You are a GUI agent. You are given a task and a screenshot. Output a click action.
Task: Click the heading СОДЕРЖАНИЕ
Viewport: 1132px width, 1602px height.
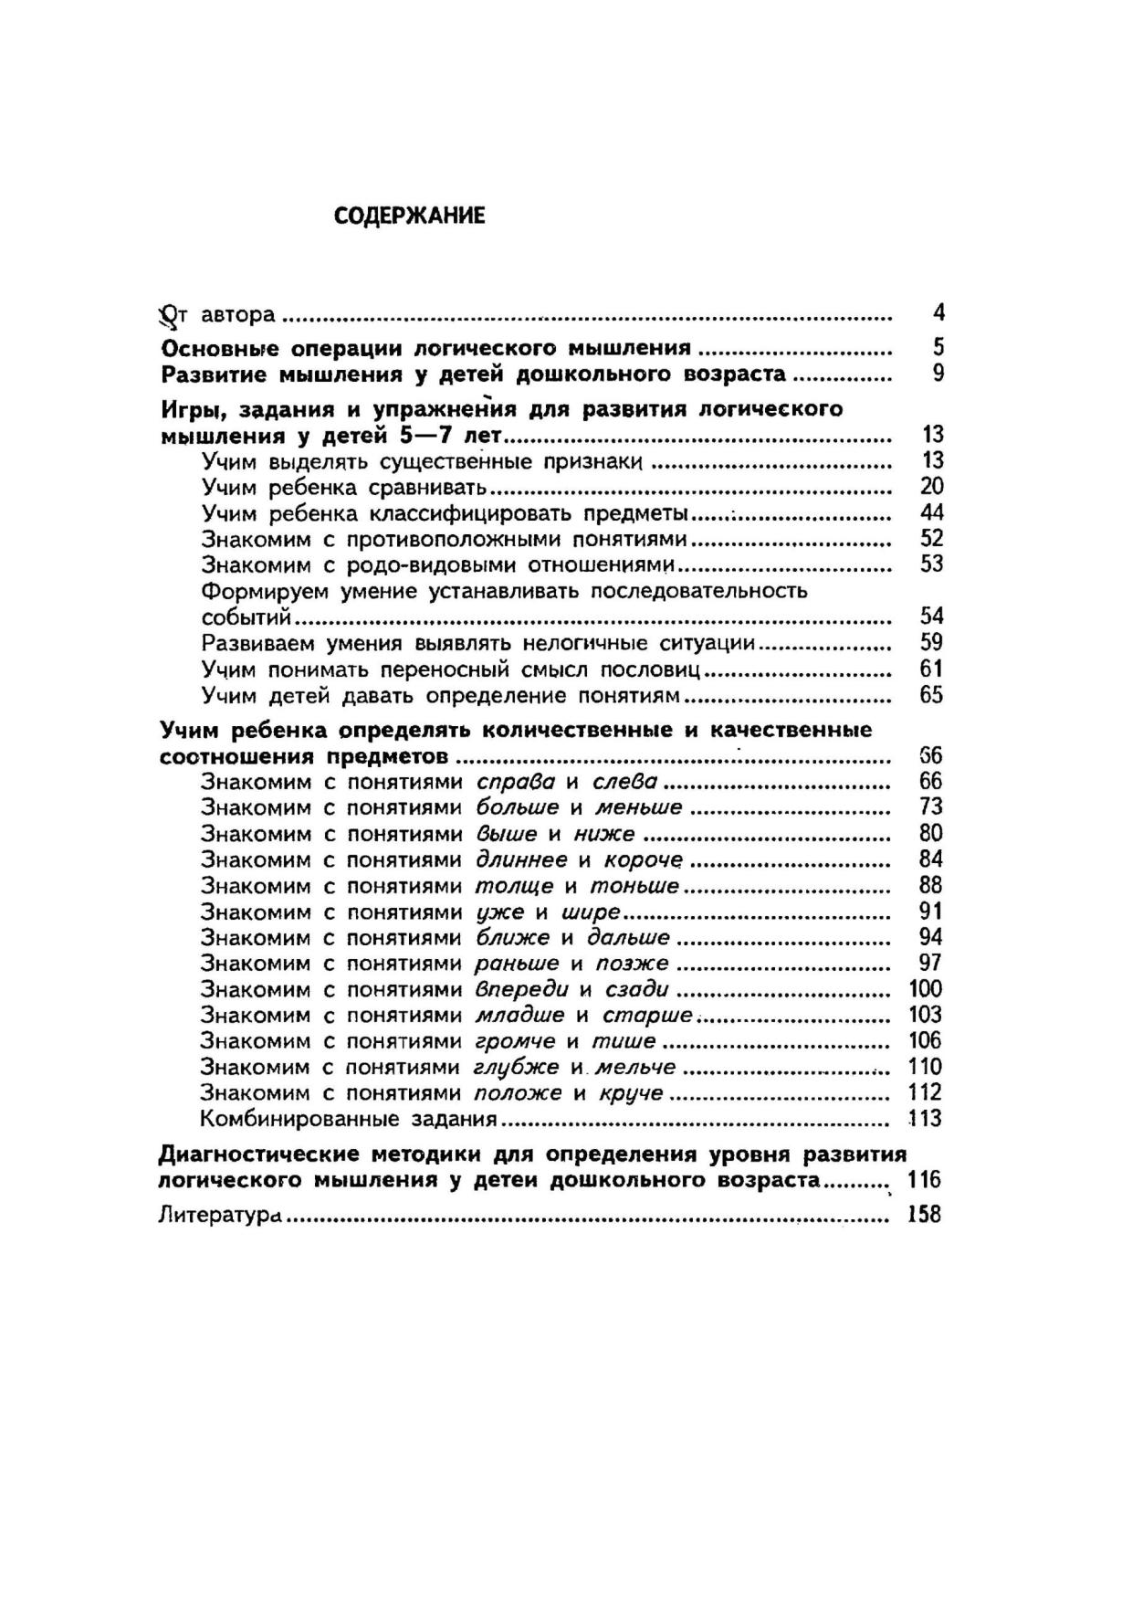(x=409, y=216)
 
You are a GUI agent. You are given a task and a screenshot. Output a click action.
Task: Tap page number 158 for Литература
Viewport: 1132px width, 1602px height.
(x=924, y=1215)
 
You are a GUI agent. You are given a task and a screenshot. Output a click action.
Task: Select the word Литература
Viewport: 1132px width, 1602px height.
(x=218, y=1216)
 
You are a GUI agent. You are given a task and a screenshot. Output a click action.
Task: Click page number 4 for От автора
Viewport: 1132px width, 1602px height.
(x=938, y=313)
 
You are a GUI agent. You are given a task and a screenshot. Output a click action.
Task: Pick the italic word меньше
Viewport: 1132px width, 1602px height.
(x=639, y=807)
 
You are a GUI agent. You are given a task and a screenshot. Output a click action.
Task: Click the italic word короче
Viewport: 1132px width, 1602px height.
(x=644, y=860)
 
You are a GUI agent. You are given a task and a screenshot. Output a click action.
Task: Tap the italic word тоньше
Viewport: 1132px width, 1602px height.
(x=634, y=886)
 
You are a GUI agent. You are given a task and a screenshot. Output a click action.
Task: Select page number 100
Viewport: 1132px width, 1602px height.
(x=926, y=989)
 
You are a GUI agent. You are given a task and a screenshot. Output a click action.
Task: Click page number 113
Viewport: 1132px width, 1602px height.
(x=926, y=1119)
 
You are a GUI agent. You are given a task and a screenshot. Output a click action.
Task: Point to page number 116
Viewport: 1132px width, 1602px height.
(x=924, y=1180)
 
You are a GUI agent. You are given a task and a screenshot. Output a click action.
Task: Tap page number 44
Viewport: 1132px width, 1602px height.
(x=932, y=512)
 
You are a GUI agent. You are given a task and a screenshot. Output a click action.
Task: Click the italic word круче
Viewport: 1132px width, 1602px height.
(x=631, y=1093)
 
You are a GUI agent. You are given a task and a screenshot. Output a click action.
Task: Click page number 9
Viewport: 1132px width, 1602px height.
(x=938, y=374)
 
